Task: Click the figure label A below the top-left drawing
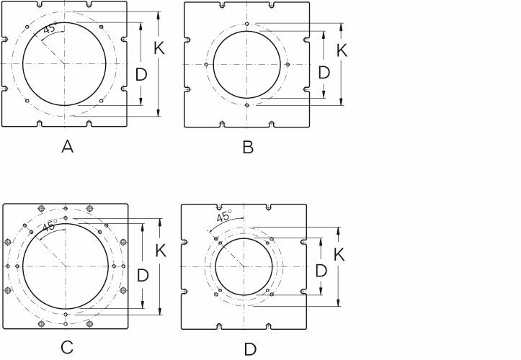(68, 147)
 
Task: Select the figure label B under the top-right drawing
(248, 148)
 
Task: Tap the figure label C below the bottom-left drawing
(66, 348)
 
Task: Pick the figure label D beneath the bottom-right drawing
(250, 349)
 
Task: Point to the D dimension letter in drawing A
(142, 73)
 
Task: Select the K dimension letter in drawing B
(342, 51)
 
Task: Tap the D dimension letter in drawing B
(324, 73)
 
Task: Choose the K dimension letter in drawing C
(161, 251)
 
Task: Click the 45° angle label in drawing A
(49, 30)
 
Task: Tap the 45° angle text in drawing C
(48, 226)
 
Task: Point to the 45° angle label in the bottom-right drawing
(223, 216)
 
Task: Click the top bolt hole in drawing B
(247, 24)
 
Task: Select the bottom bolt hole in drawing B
(247, 105)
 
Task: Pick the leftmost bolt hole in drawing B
(207, 64)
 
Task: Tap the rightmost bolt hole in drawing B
(288, 64)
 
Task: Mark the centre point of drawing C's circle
(66, 266)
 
